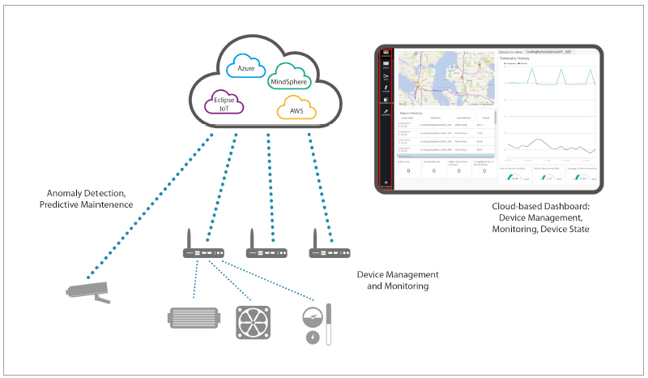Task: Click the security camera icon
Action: click(x=87, y=291)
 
